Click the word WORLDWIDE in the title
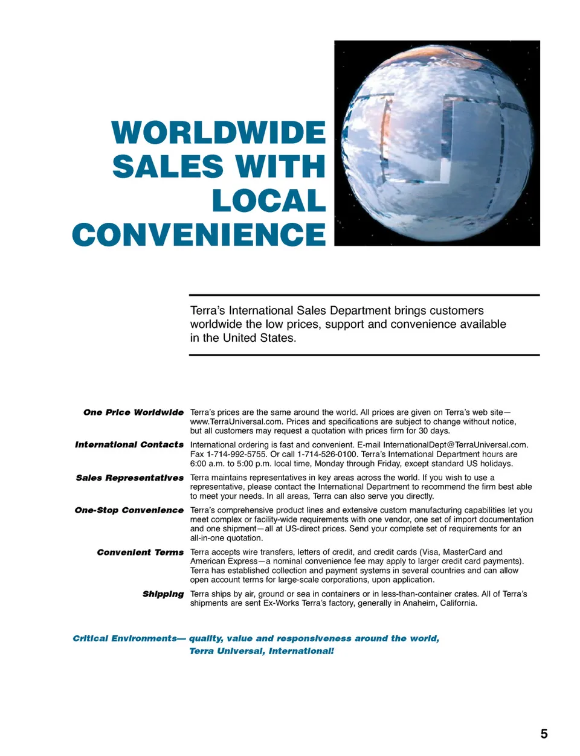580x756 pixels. pos(219,133)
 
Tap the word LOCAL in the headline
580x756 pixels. pos(269,201)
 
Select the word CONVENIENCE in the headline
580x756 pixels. pos(199,235)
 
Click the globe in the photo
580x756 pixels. pos(437,143)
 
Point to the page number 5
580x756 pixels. pos(544,734)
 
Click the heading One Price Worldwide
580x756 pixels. pos(134,412)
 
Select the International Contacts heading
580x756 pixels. pos(129,445)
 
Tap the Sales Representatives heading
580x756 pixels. pos(130,478)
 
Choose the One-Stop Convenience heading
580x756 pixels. pos(129,510)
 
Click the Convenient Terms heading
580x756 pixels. pos(140,553)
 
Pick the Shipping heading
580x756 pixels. pos(163,594)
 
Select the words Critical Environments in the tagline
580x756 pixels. pos(124,639)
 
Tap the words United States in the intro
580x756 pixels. pos(258,338)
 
